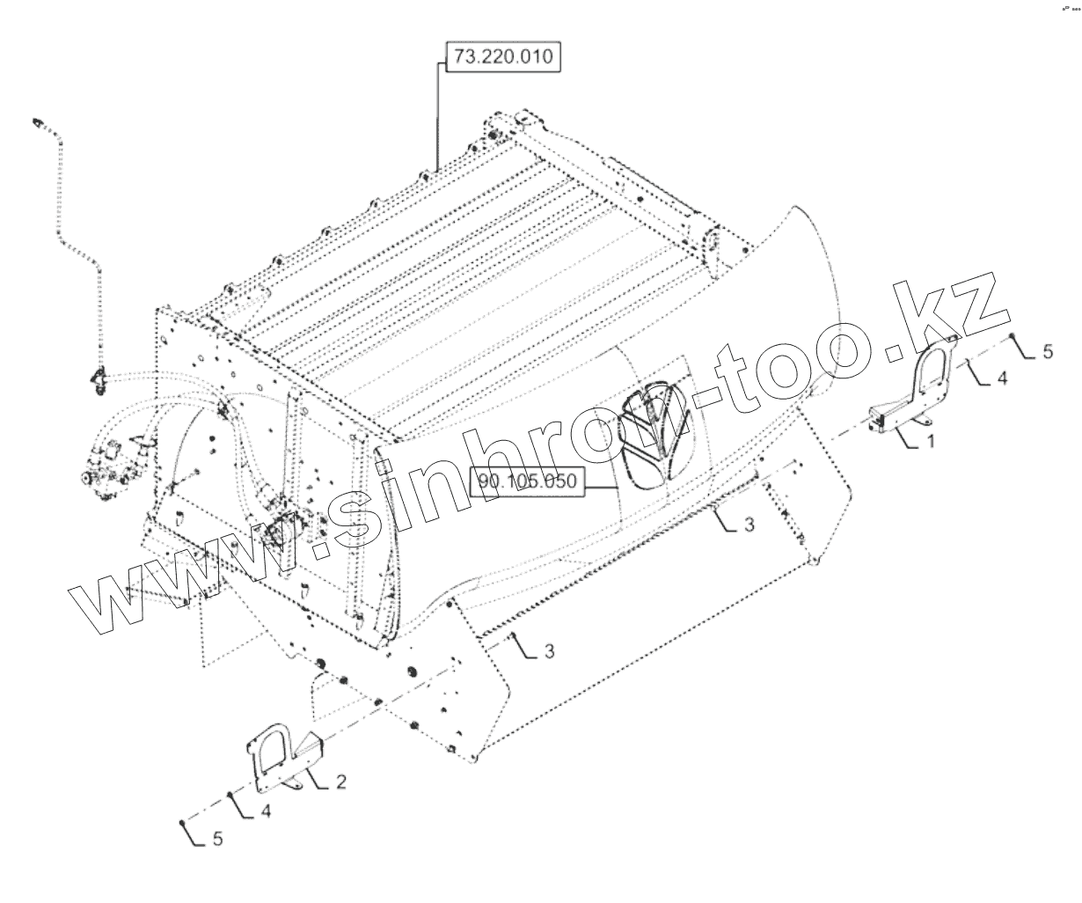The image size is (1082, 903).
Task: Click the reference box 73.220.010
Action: coord(502,58)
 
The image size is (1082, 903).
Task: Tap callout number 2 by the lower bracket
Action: coord(341,781)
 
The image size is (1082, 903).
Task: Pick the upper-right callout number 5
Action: coord(1047,351)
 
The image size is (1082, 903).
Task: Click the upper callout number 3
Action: coord(749,525)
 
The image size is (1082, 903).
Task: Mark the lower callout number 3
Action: coord(548,651)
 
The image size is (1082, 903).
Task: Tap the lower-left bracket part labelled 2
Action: coord(280,754)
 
